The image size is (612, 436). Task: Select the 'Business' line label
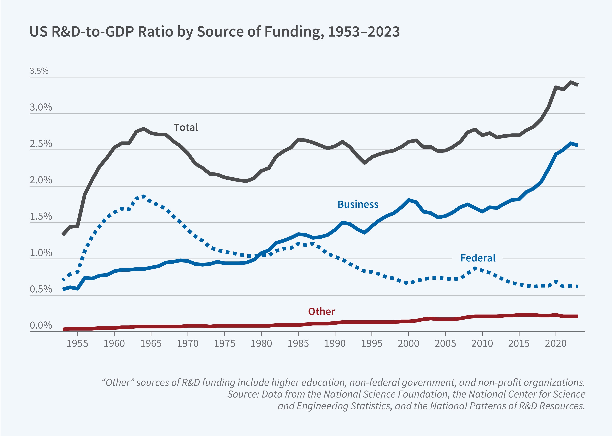point(358,204)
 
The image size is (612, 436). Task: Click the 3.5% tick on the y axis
point(39,71)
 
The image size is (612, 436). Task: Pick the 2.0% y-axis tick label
point(41,180)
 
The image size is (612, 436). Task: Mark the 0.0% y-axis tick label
point(41,325)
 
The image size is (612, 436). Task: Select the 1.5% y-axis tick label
point(41,216)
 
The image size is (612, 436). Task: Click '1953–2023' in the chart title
point(364,32)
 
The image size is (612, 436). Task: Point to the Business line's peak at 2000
point(409,200)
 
